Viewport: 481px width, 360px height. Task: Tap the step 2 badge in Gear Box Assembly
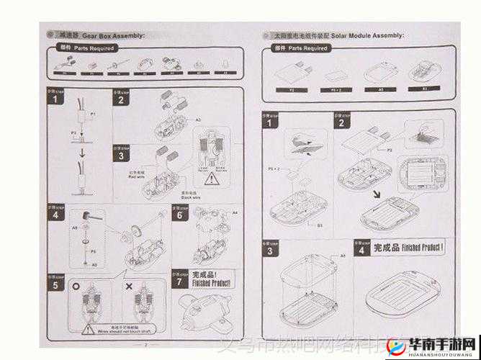tap(121, 100)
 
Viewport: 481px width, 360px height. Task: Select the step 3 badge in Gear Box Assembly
tap(121, 155)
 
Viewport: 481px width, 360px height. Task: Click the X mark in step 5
tap(129, 286)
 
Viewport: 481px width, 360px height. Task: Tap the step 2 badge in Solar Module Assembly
tap(340, 122)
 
